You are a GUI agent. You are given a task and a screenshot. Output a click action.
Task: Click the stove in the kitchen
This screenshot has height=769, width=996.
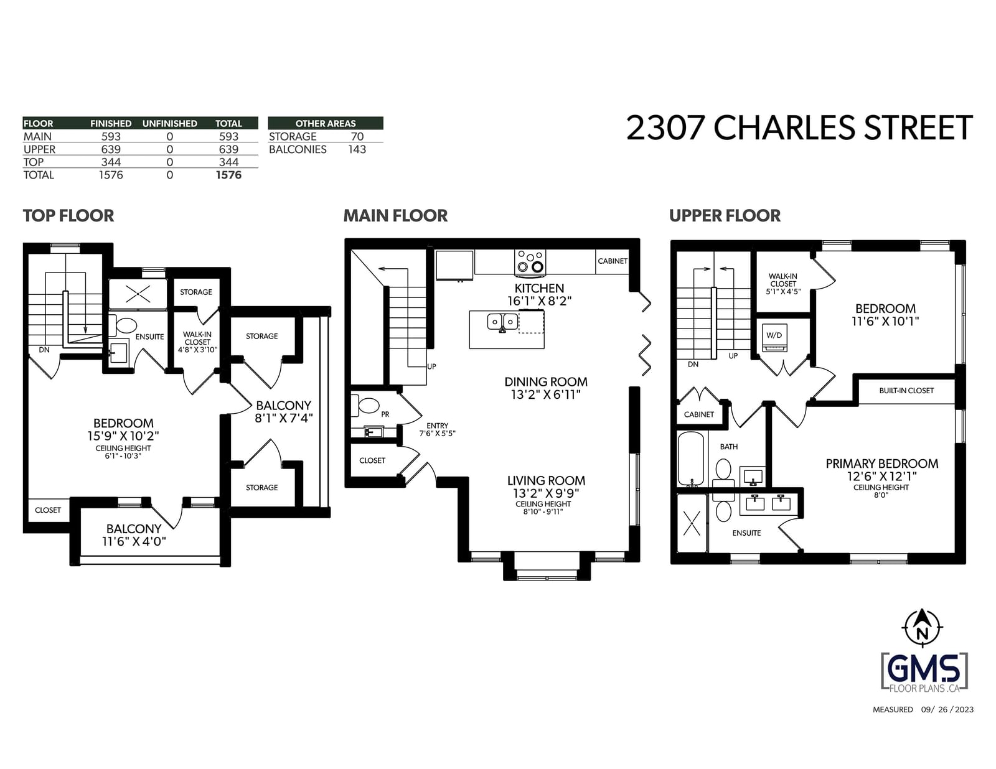[x=530, y=263]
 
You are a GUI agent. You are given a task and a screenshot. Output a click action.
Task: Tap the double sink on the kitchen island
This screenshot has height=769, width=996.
[x=502, y=322]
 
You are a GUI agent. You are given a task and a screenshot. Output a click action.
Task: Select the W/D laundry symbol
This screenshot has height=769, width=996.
[x=774, y=338]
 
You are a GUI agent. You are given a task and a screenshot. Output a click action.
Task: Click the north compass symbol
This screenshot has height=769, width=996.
[x=923, y=627]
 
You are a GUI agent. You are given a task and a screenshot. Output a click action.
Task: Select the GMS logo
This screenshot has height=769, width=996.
[x=924, y=673]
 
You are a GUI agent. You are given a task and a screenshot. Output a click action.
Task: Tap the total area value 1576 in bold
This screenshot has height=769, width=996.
[x=228, y=175]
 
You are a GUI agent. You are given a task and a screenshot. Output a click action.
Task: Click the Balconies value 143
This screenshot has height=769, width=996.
[x=357, y=149]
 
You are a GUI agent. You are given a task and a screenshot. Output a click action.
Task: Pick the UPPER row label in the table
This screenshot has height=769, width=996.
[x=39, y=149]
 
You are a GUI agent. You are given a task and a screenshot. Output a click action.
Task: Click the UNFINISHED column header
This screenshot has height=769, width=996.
[x=169, y=124]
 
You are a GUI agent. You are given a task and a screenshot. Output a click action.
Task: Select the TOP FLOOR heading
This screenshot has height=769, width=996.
[x=68, y=216]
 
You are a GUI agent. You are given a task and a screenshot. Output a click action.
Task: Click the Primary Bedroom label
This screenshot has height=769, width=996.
[x=881, y=464]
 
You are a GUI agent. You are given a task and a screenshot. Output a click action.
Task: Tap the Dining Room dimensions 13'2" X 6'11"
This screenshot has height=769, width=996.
[x=545, y=394]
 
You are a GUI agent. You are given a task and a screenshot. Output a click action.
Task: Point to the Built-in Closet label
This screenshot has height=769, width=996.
[x=906, y=391]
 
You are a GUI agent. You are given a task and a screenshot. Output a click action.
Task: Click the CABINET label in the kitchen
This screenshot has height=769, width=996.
[x=613, y=261]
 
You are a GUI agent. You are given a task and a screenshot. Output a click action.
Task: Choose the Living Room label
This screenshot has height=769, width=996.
[x=546, y=480]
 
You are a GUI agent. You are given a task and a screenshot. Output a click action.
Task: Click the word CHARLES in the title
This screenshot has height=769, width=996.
[x=784, y=128]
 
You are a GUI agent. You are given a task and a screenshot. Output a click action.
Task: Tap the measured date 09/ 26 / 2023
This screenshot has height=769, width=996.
[x=947, y=709]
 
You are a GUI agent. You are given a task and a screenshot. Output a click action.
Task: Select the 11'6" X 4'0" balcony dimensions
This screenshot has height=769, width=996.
[x=134, y=541]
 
